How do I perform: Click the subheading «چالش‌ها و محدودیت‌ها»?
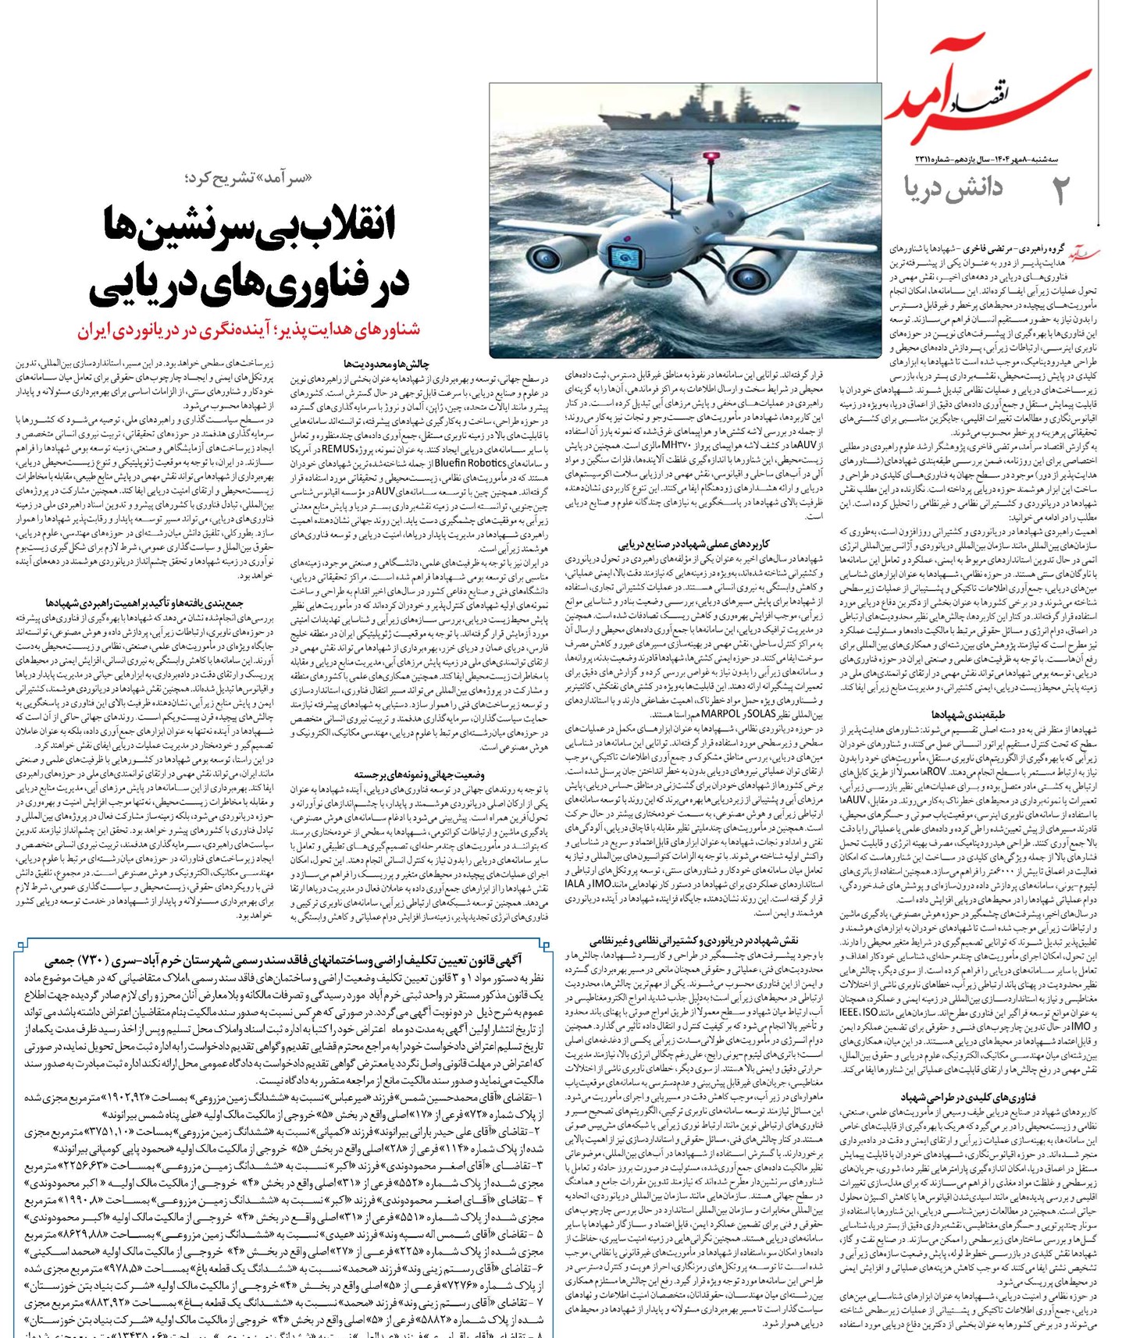click(386, 364)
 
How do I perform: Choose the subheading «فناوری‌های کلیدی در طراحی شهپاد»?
click(967, 1097)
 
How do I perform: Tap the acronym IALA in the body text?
click(574, 883)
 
